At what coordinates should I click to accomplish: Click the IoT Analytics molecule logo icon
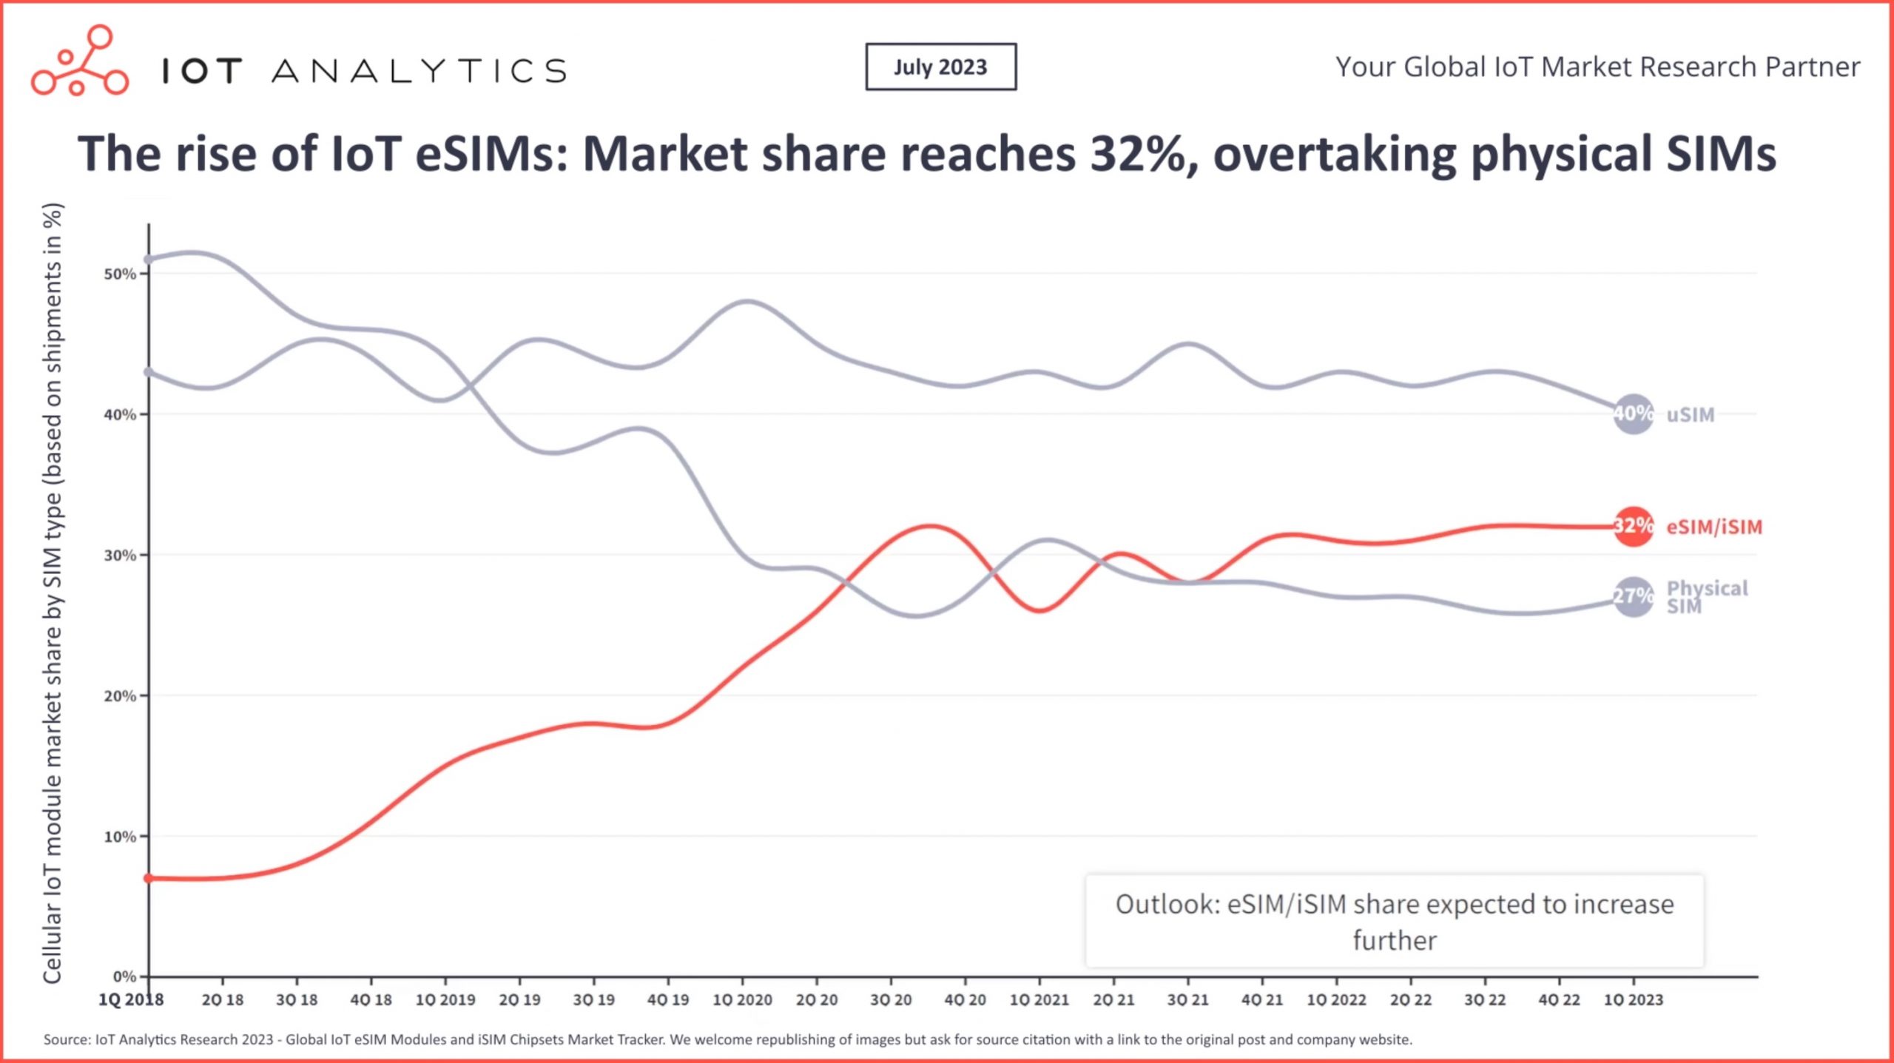coord(79,61)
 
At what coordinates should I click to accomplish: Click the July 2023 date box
coord(940,67)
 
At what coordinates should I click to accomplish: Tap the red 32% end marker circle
coord(1633,527)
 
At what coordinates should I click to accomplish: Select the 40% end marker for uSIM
coord(1633,414)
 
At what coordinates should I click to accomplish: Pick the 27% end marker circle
coord(1633,596)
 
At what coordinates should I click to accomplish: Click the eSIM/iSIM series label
coord(1713,527)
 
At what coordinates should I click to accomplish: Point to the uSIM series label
coord(1690,415)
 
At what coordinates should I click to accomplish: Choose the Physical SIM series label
coord(1706,597)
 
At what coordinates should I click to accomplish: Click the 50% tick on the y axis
coord(120,274)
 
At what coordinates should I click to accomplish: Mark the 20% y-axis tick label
coord(120,696)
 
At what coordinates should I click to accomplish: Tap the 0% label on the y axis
coord(124,976)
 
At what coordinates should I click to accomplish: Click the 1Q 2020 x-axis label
coord(742,1000)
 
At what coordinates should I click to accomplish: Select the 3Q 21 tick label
coord(1187,1000)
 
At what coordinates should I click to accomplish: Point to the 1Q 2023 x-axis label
coord(1633,1000)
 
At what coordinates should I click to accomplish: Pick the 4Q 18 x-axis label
coord(371,1000)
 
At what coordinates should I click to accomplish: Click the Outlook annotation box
coord(1394,922)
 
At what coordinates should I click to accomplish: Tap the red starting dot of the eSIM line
coord(149,878)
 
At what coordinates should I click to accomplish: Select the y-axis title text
coord(53,592)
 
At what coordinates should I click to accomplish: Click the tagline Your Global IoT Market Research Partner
coord(1597,67)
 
